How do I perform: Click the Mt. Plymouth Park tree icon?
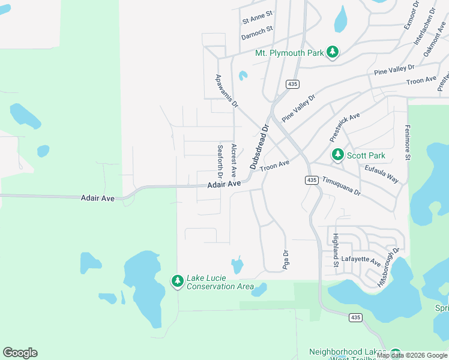[333, 53]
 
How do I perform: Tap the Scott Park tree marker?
[338, 155]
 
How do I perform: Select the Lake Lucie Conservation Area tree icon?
[177, 281]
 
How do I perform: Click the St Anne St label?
[258, 17]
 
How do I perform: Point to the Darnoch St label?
[257, 32]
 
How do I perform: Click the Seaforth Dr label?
[220, 161]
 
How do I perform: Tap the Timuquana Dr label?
[341, 185]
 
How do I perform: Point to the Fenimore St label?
[407, 143]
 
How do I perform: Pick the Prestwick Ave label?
[345, 127]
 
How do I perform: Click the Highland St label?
[336, 250]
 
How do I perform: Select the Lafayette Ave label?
[361, 262]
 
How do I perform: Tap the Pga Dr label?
[286, 259]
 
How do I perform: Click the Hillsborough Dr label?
[388, 267]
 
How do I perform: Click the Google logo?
[20, 353]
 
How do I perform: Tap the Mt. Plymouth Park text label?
[289, 53]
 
